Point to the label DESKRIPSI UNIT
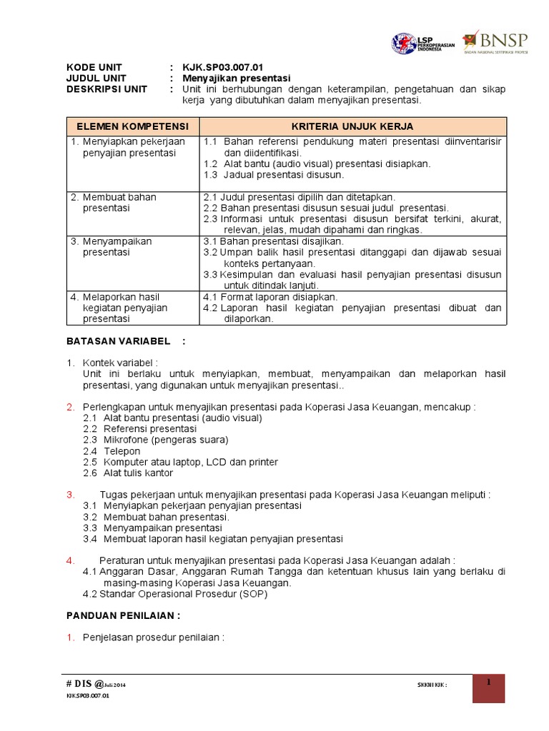click(107, 89)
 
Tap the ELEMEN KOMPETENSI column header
click(133, 126)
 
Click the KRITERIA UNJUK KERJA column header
click(353, 126)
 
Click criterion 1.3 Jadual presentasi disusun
click(274, 174)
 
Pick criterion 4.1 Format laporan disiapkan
click(271, 297)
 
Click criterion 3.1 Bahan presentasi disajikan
click(274, 241)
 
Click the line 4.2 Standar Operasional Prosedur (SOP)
click(175, 594)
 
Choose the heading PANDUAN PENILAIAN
click(123, 615)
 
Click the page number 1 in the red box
click(488, 684)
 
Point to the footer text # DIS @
click(86, 685)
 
